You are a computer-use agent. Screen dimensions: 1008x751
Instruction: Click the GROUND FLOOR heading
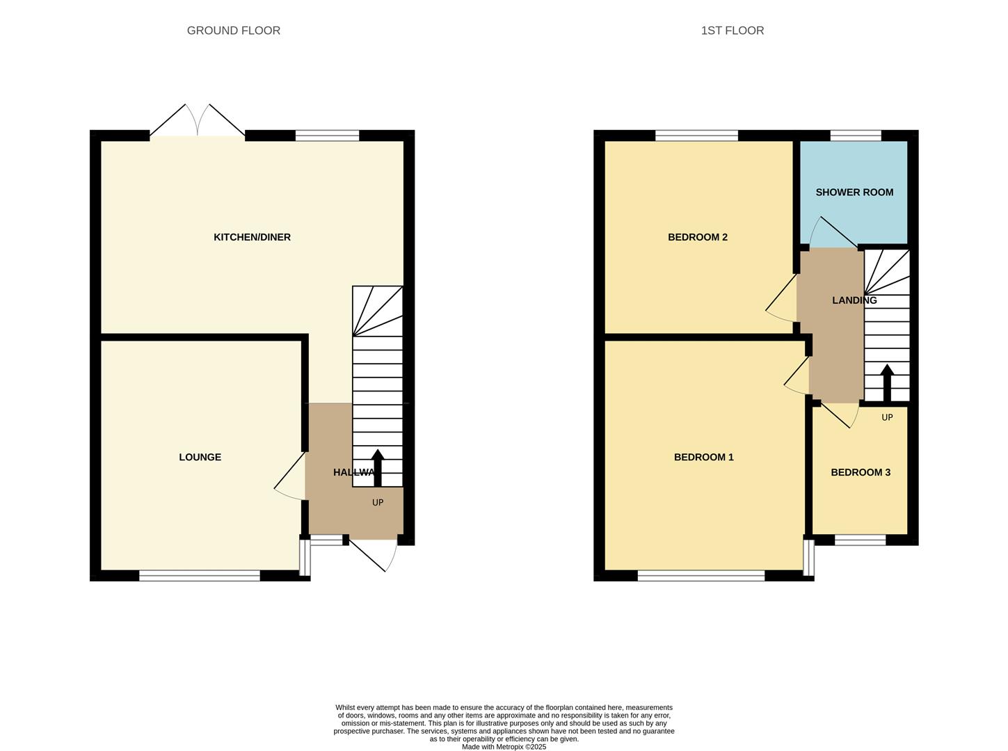233,31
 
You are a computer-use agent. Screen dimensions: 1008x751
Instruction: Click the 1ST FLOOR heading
733,31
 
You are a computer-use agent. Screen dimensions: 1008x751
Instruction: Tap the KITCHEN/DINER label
252,237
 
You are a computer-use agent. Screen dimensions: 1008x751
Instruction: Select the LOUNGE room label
200,458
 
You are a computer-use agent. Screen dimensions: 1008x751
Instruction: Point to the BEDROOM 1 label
703,458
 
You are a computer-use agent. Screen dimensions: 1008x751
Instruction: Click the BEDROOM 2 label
698,237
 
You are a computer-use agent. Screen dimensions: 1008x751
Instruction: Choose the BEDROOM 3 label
861,472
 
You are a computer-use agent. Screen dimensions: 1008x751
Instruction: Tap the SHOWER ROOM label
854,193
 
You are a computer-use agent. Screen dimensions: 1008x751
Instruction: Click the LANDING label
854,300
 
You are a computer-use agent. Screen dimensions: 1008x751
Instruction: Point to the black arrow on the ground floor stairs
378,468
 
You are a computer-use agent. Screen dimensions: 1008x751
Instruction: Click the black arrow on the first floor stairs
887,383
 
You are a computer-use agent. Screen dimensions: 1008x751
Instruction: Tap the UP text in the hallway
378,503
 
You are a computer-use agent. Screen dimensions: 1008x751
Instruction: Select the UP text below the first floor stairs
887,417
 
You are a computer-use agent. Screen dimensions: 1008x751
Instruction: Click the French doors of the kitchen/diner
198,120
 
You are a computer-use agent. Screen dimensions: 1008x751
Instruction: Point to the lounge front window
200,576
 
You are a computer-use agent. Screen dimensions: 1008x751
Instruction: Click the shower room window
856,136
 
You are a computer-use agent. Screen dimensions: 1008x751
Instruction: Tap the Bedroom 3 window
860,540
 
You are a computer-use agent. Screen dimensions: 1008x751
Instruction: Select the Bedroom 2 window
696,136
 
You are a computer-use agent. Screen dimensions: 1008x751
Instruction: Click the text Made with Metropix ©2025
504,747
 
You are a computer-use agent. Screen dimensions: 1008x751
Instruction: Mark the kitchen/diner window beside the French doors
327,136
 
